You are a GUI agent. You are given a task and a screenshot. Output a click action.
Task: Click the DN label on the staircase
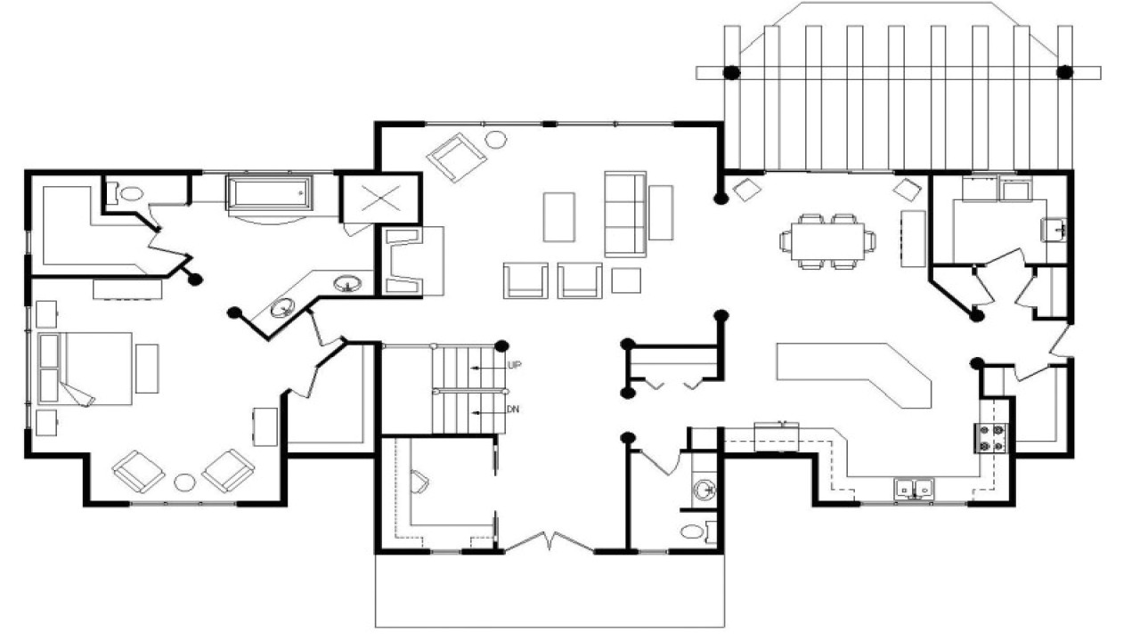click(513, 410)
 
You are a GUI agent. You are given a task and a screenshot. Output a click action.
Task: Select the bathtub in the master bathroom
click(269, 193)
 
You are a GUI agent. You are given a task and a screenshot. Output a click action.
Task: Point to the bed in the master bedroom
click(85, 369)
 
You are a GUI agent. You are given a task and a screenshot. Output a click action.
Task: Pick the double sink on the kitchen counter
click(915, 488)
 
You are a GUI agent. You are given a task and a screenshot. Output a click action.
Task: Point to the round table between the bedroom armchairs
click(184, 483)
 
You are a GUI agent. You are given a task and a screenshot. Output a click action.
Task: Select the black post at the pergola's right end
click(1063, 71)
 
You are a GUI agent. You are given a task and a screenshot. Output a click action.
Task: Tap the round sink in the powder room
click(704, 489)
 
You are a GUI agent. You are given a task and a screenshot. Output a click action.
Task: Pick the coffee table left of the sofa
click(559, 216)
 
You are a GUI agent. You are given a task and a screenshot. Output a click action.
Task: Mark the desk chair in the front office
click(419, 483)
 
